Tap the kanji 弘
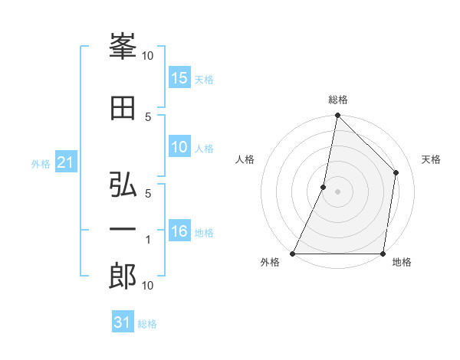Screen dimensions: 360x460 (123, 186)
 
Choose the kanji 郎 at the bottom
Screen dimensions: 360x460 (123, 275)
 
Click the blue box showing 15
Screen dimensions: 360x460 (179, 78)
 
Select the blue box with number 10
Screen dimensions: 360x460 (179, 148)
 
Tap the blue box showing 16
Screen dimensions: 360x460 (179, 232)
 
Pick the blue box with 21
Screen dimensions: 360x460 (65, 162)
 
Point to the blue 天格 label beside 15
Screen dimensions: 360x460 (204, 80)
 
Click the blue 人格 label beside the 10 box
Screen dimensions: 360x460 (204, 149)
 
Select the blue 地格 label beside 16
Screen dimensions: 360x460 (204, 233)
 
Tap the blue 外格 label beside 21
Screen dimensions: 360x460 (41, 163)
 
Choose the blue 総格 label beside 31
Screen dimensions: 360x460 (147, 324)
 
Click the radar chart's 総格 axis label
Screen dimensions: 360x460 (337, 100)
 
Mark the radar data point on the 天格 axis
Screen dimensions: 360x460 (396, 172)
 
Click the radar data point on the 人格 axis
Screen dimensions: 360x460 (324, 187)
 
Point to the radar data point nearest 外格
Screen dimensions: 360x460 (293, 254)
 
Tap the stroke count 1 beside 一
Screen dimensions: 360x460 (149, 240)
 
